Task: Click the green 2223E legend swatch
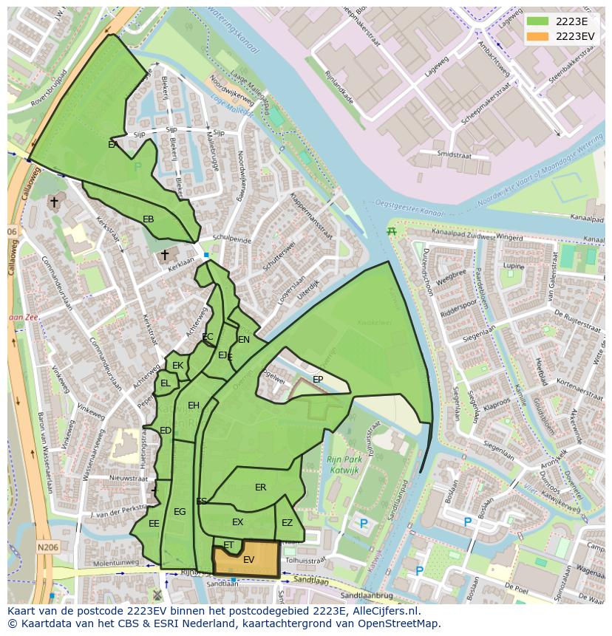[x=537, y=21]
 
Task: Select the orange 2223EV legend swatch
[x=537, y=36]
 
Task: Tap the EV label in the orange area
[x=249, y=560]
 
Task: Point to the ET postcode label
[x=228, y=545]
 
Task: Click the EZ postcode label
[x=287, y=523]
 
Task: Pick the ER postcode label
[x=260, y=488]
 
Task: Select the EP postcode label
[x=318, y=380]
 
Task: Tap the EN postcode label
[x=244, y=340]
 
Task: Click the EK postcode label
[x=177, y=366]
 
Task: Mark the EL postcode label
[x=166, y=383]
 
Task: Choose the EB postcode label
[x=149, y=219]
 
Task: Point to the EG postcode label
[x=180, y=512]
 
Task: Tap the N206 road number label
[x=48, y=547]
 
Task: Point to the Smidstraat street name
[x=453, y=154]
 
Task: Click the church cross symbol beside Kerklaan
[x=165, y=255]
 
